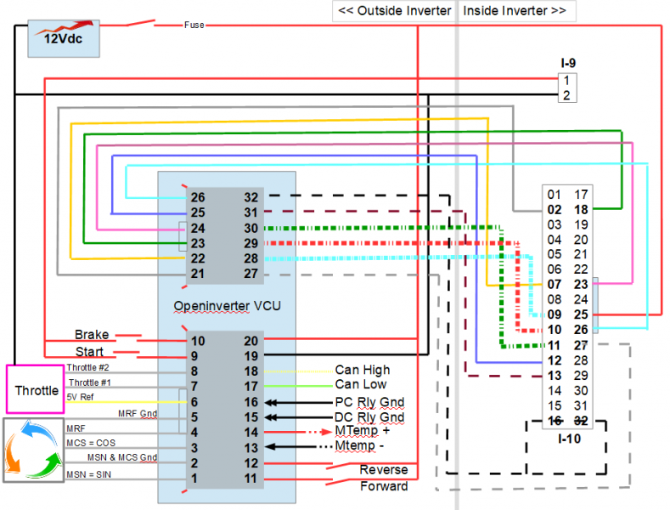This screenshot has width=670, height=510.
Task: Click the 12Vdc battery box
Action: pos(63,39)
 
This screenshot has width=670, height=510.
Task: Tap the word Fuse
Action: pos(194,25)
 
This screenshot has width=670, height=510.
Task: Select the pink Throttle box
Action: pos(36,391)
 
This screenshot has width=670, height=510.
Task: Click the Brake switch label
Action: pos(92,335)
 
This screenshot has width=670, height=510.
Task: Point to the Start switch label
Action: pos(89,352)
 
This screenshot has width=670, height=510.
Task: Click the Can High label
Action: pos(363,370)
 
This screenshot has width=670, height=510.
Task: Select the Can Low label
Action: pos(361,385)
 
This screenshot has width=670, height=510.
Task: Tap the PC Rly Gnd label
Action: pos(369,401)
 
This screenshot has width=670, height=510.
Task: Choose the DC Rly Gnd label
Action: pos(369,417)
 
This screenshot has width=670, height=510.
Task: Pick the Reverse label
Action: pos(384,470)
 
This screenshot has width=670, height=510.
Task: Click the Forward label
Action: pos(384,486)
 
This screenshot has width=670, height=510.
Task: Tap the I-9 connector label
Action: pos(568,63)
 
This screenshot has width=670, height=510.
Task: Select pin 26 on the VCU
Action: pos(197,196)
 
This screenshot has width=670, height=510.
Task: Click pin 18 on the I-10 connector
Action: pos(581,209)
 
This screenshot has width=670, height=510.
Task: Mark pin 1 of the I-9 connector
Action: pos(566,80)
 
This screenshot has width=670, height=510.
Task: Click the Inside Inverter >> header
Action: pos(515,11)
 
